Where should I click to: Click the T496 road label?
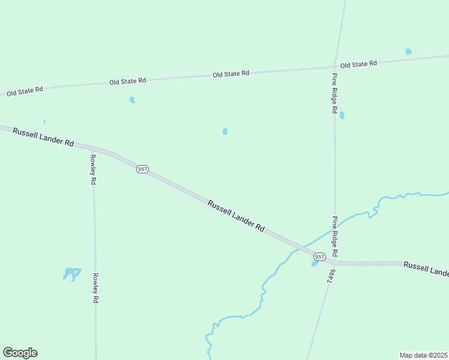pyautogui.click(x=330, y=274)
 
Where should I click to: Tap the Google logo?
pyautogui.click(x=20, y=353)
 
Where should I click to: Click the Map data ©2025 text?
pyautogui.click(x=423, y=355)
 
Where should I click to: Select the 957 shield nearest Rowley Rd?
pyautogui.click(x=142, y=169)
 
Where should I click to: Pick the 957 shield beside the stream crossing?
pyautogui.click(x=319, y=256)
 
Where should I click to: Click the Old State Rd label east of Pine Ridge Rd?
pyautogui.click(x=358, y=64)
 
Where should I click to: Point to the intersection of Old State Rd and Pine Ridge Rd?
pyautogui.click(x=335, y=67)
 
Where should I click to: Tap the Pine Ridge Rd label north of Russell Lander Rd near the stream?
pyautogui.click(x=336, y=236)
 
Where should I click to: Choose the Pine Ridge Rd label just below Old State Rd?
pyautogui.click(x=334, y=93)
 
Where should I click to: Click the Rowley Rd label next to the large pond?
pyautogui.click(x=95, y=288)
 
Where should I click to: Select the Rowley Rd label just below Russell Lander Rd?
pyautogui.click(x=93, y=169)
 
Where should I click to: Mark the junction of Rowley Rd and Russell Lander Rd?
pyautogui.click(x=92, y=148)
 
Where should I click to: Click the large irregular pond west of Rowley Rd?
pyautogui.click(x=72, y=274)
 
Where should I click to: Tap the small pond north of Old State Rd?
pyautogui.click(x=408, y=52)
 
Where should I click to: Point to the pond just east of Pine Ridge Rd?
pyautogui.click(x=342, y=115)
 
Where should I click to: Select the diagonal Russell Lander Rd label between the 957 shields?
pyautogui.click(x=237, y=216)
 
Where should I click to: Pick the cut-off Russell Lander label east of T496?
pyautogui.click(x=426, y=269)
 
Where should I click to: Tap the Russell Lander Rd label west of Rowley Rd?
pyautogui.click(x=43, y=137)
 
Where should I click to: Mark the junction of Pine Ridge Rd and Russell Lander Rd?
pyautogui.click(x=335, y=262)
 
